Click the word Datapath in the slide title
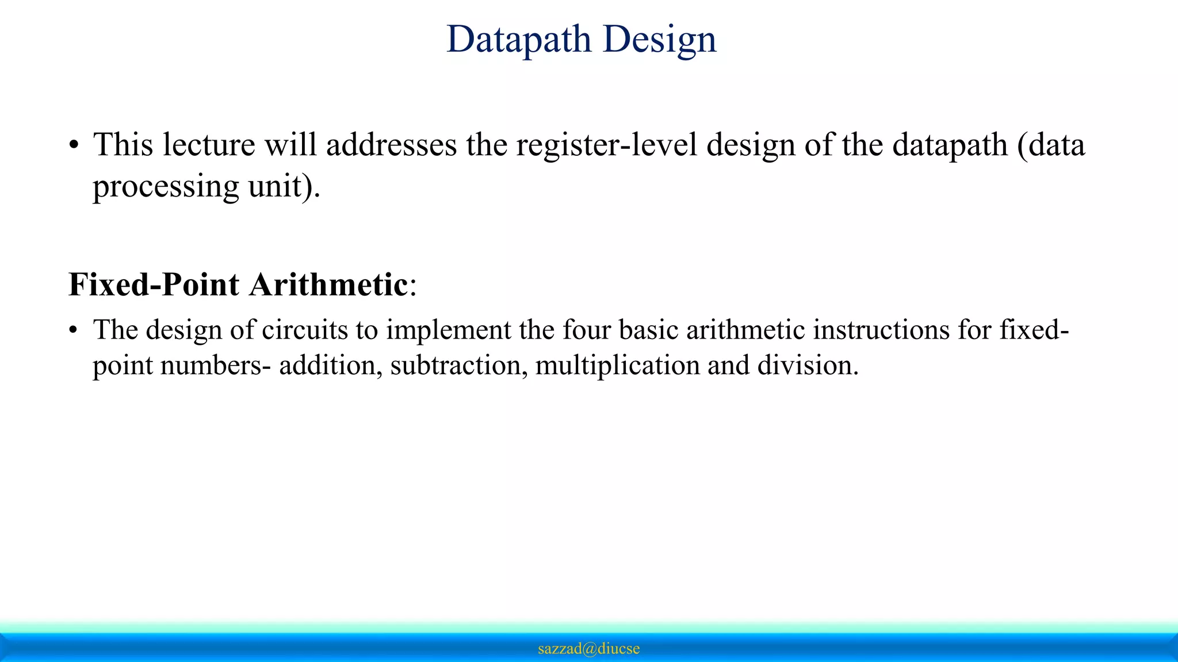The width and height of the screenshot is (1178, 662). click(x=518, y=40)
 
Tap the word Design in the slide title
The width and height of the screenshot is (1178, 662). click(x=660, y=40)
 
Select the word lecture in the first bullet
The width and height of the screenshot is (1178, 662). click(x=208, y=145)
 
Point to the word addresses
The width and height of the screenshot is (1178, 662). click(x=391, y=145)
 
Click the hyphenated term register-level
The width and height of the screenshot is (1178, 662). click(x=606, y=145)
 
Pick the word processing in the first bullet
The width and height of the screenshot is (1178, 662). click(x=166, y=187)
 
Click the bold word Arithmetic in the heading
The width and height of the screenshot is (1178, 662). click(x=329, y=284)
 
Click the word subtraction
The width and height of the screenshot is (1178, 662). click(x=455, y=365)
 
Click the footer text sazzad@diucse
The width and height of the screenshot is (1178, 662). click(x=588, y=649)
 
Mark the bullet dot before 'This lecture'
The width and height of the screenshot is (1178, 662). click(x=73, y=146)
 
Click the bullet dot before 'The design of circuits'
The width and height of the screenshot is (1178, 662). click(x=73, y=332)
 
